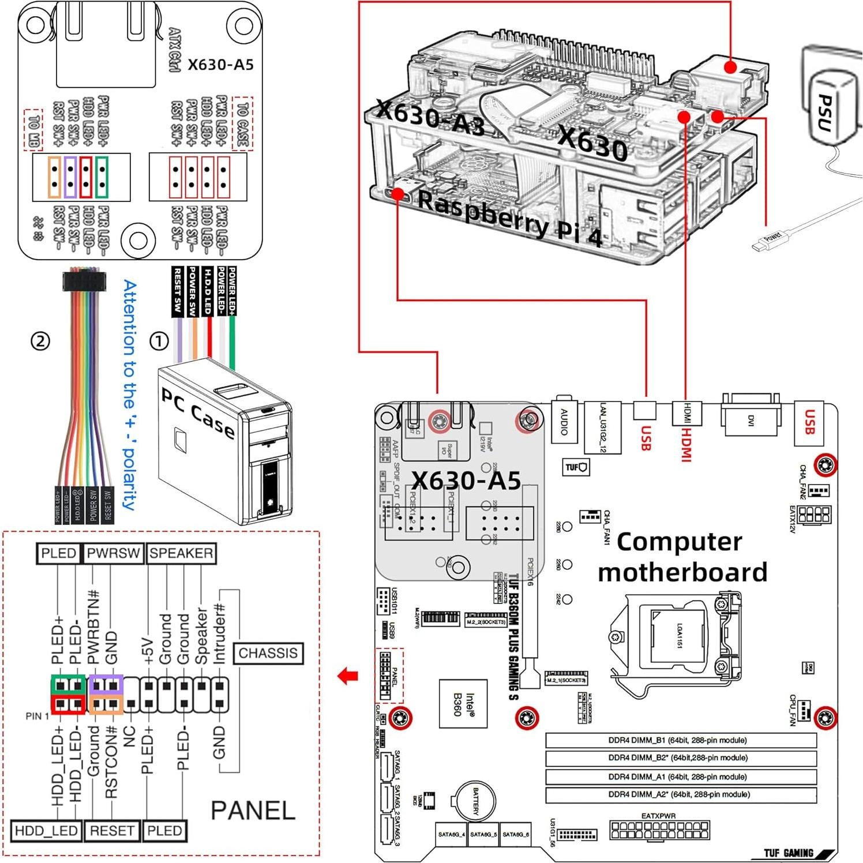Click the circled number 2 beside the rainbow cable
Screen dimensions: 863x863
40,342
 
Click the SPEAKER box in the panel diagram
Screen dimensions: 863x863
181,553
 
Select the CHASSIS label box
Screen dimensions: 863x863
268,653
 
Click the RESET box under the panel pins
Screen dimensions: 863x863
112,831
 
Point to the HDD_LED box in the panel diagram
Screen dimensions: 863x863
46,831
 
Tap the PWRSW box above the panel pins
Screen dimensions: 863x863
113,553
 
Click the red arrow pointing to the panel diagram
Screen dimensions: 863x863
348,676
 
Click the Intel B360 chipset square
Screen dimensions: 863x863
463,704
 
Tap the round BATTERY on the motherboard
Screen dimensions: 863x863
476,802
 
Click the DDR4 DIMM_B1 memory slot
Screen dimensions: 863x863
681,740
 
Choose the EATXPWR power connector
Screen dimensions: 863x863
659,830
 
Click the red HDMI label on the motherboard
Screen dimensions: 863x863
686,444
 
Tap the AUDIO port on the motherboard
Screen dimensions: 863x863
564,421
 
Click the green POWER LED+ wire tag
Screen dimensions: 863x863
232,291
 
